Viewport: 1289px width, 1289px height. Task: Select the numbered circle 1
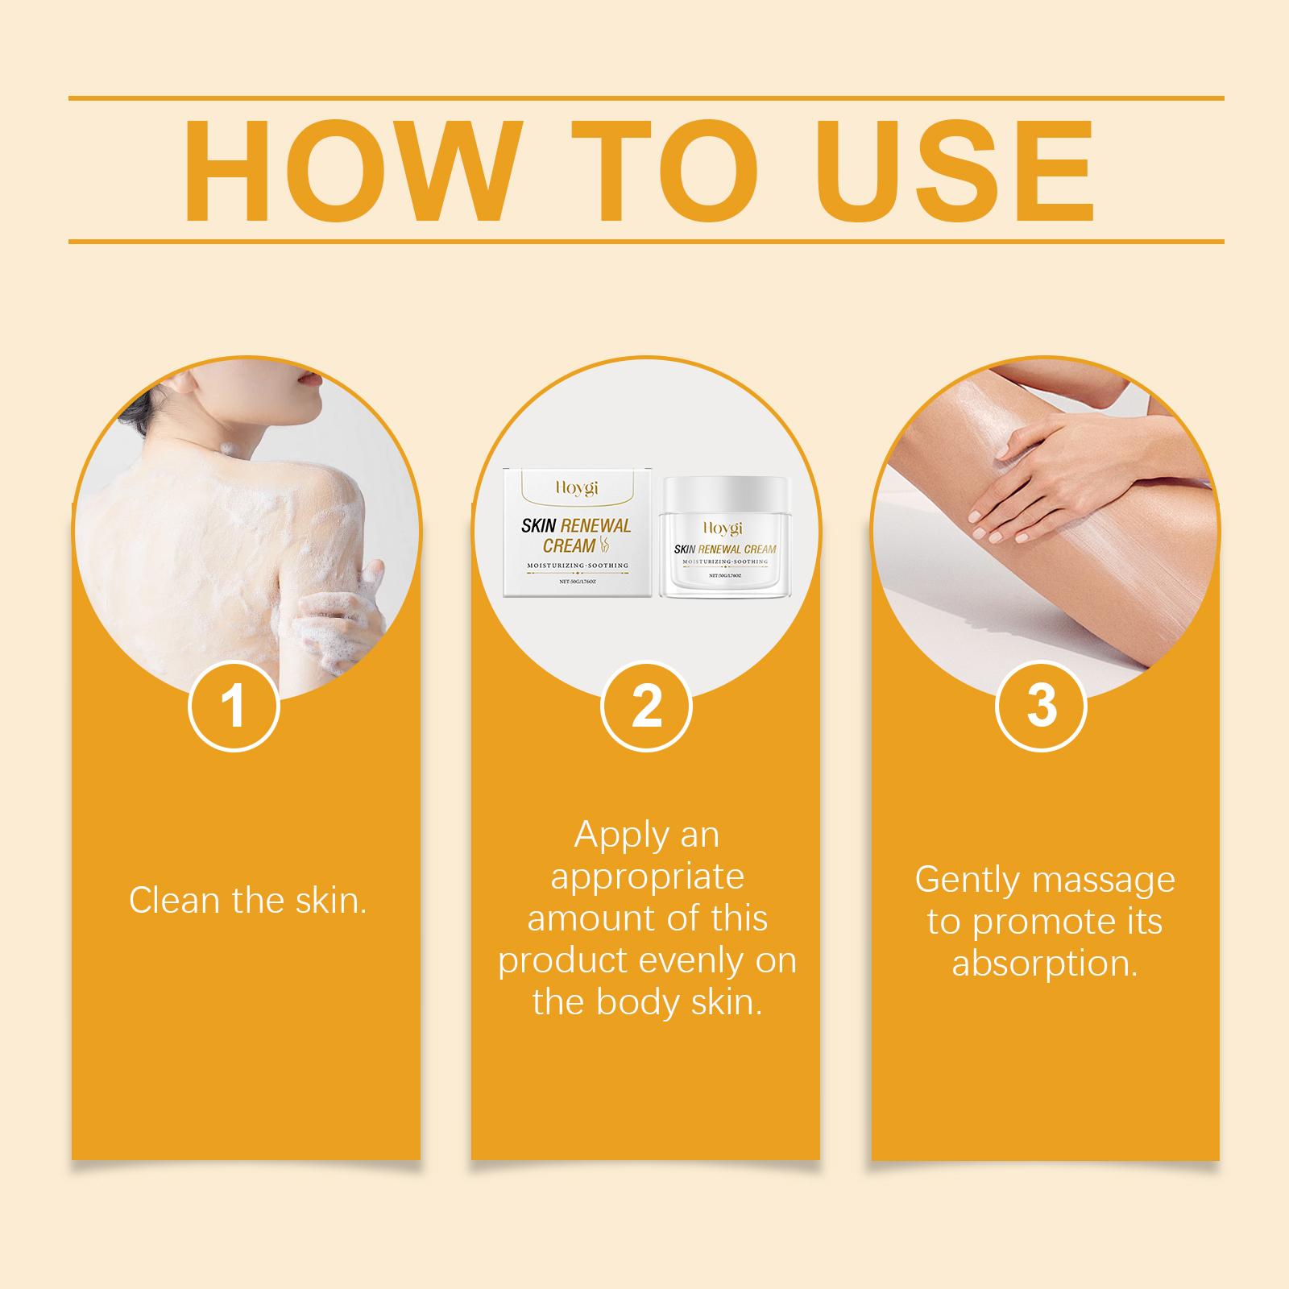coord(234,707)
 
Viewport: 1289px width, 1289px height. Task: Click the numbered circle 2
coord(646,707)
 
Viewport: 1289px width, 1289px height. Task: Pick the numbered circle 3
coord(1042,707)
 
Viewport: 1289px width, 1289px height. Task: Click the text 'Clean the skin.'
coord(248,900)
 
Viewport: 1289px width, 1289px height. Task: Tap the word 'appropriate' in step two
coord(646,878)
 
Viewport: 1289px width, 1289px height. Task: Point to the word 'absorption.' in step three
coord(1045,964)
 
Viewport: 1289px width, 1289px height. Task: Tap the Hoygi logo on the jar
coord(726,528)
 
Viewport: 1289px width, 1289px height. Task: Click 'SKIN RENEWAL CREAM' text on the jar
coord(725,549)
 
